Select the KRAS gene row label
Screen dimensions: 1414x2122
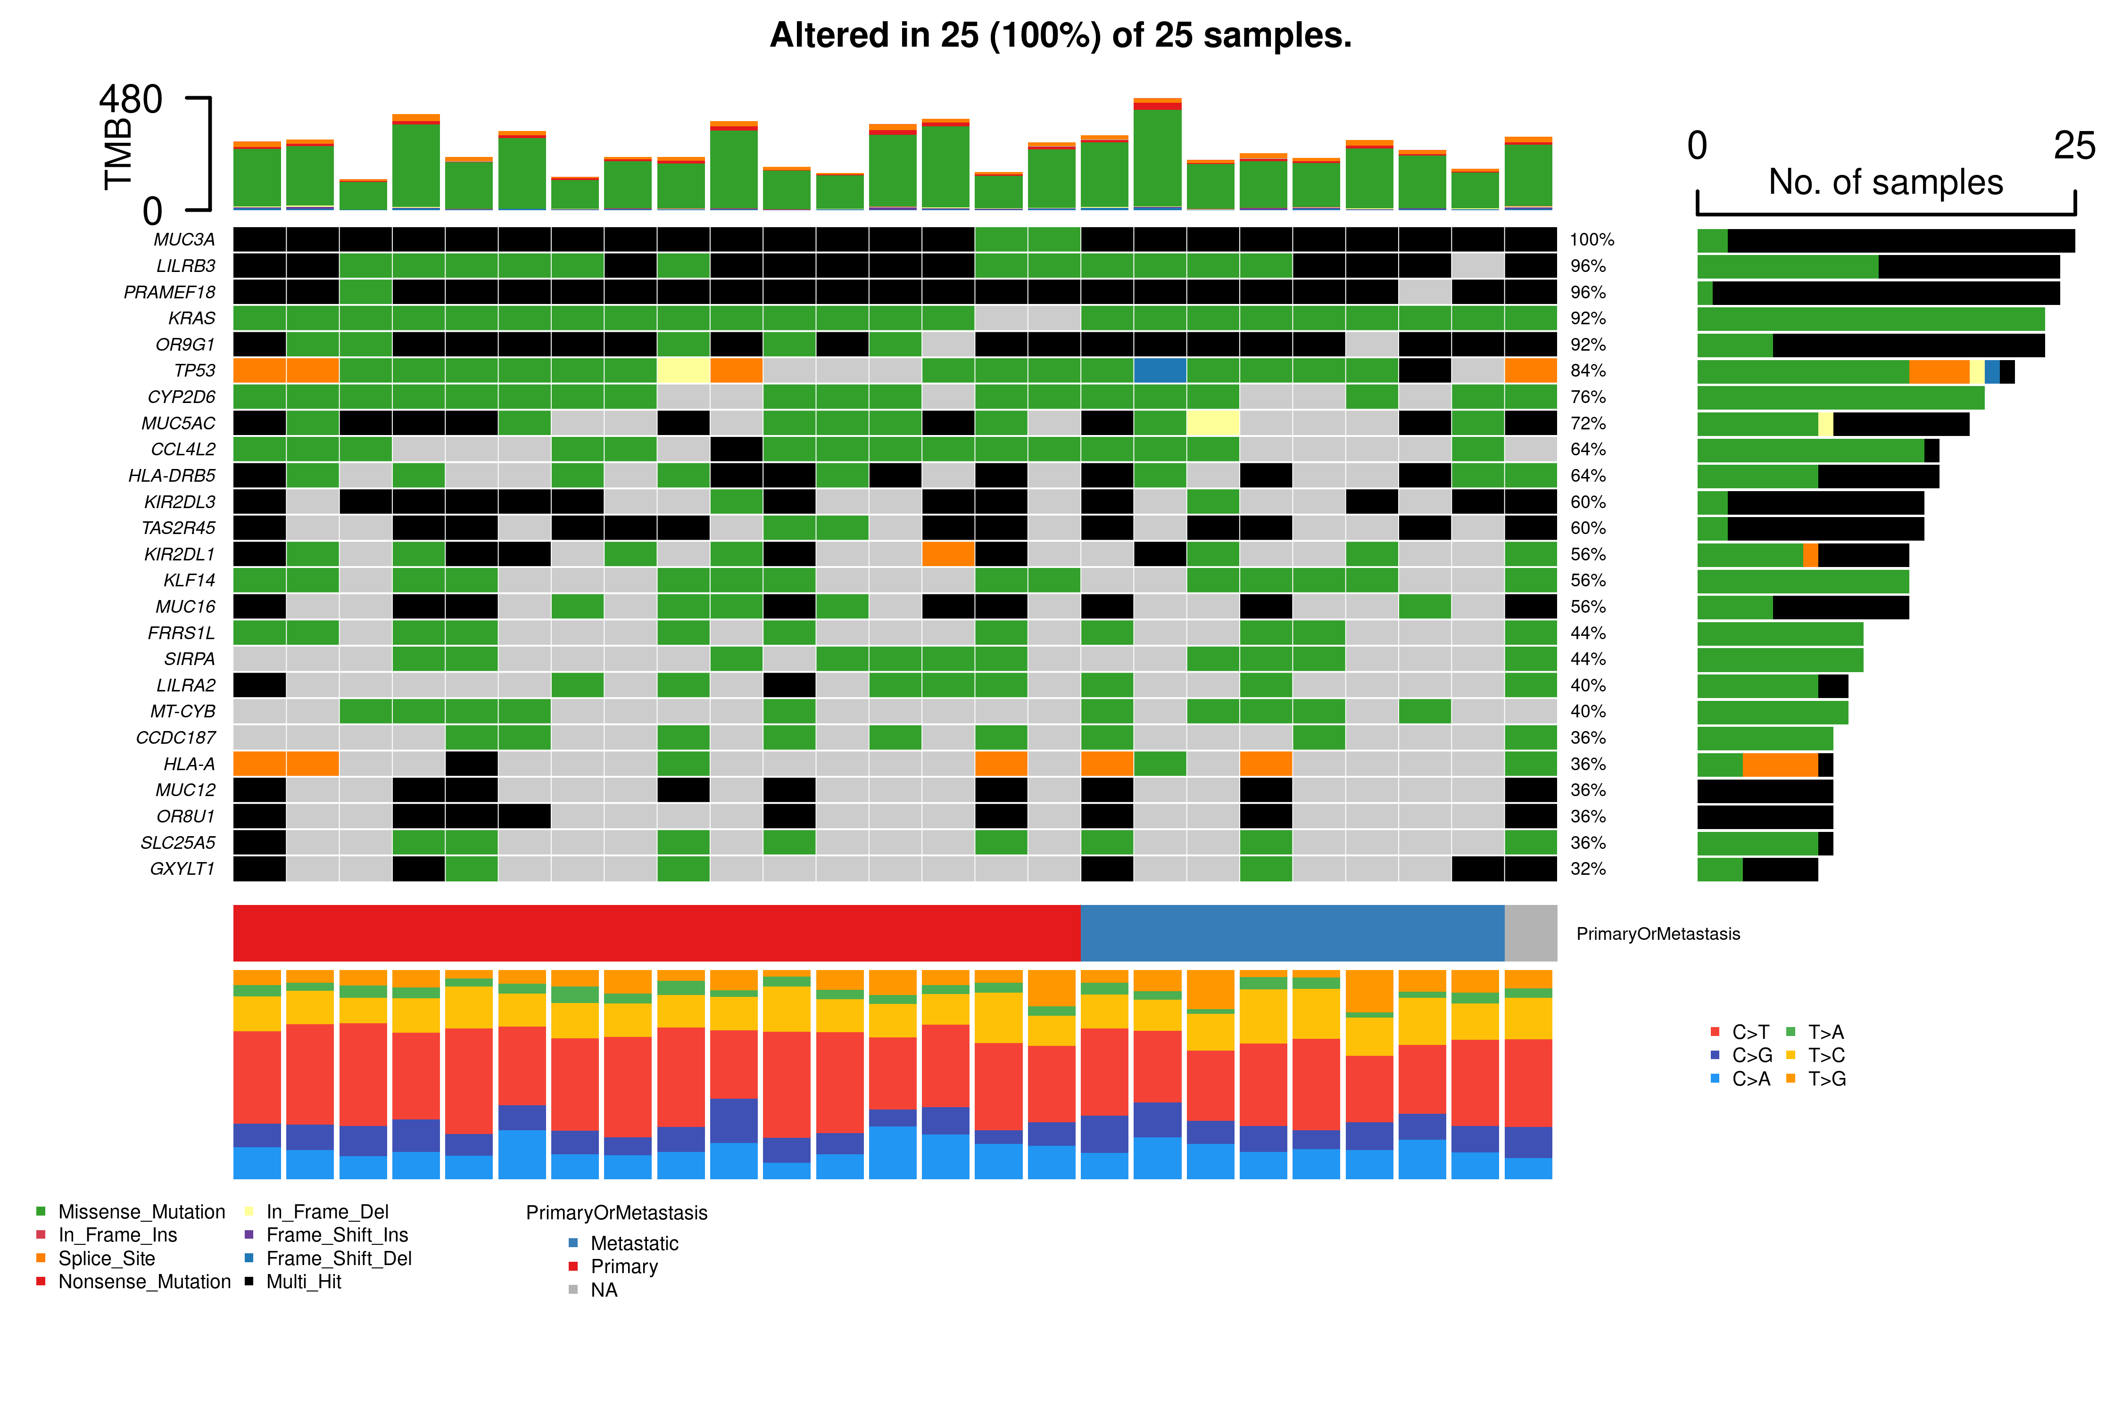click(191, 318)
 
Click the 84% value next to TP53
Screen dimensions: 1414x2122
click(1588, 370)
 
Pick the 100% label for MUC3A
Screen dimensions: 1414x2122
click(1591, 240)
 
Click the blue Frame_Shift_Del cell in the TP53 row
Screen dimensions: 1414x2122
click(1160, 370)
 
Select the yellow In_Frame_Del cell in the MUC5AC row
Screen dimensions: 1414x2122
click(1212, 423)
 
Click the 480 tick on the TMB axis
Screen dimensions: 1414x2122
click(131, 99)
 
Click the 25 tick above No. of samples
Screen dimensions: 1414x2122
click(2073, 146)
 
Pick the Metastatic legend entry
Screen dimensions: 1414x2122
click(633, 1243)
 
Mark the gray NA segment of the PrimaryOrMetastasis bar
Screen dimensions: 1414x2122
click(1530, 933)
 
